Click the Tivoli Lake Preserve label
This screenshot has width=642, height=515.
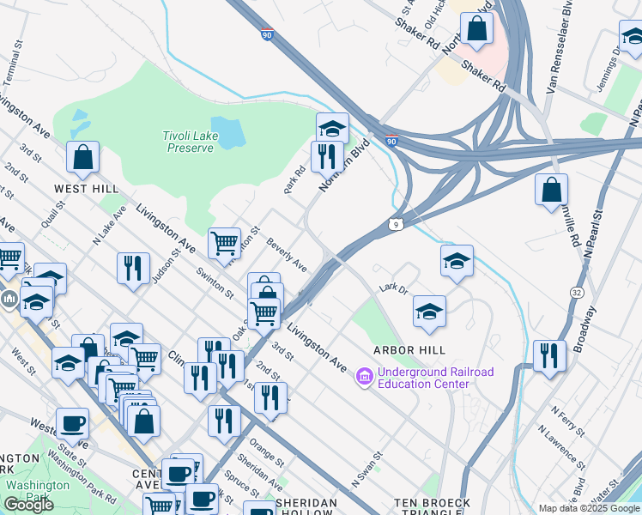tap(187, 142)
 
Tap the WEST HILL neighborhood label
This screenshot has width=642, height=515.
tap(86, 187)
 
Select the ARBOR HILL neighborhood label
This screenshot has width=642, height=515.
tap(409, 350)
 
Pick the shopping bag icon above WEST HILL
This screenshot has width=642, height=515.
tap(83, 157)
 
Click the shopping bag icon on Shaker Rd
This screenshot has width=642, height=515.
tap(477, 28)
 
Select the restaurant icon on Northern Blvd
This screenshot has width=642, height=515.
tap(327, 156)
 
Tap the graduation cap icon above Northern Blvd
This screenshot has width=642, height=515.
tap(332, 129)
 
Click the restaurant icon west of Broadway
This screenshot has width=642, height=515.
tap(549, 354)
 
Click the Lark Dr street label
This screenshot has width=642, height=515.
tap(391, 288)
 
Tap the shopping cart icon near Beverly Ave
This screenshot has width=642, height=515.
tap(224, 242)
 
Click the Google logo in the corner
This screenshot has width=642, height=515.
tap(28, 505)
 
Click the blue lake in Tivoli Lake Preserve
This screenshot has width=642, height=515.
tap(227, 130)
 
